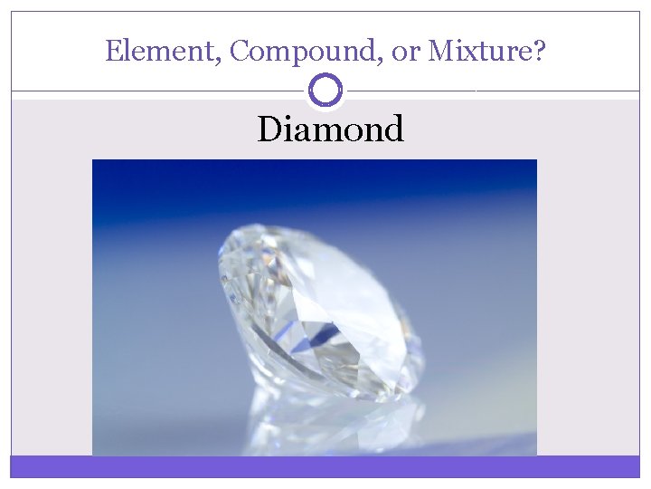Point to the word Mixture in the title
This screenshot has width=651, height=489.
point(479,51)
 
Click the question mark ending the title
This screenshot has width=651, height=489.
point(539,51)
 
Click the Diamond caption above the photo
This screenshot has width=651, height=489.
point(330,129)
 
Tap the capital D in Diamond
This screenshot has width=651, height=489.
point(269,129)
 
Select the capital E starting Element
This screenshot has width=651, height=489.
point(112,51)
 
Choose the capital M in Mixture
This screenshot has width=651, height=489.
point(439,51)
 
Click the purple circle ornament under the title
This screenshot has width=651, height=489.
point(325,91)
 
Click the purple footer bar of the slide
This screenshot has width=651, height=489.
point(325,466)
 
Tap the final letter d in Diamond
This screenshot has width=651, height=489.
point(392,129)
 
